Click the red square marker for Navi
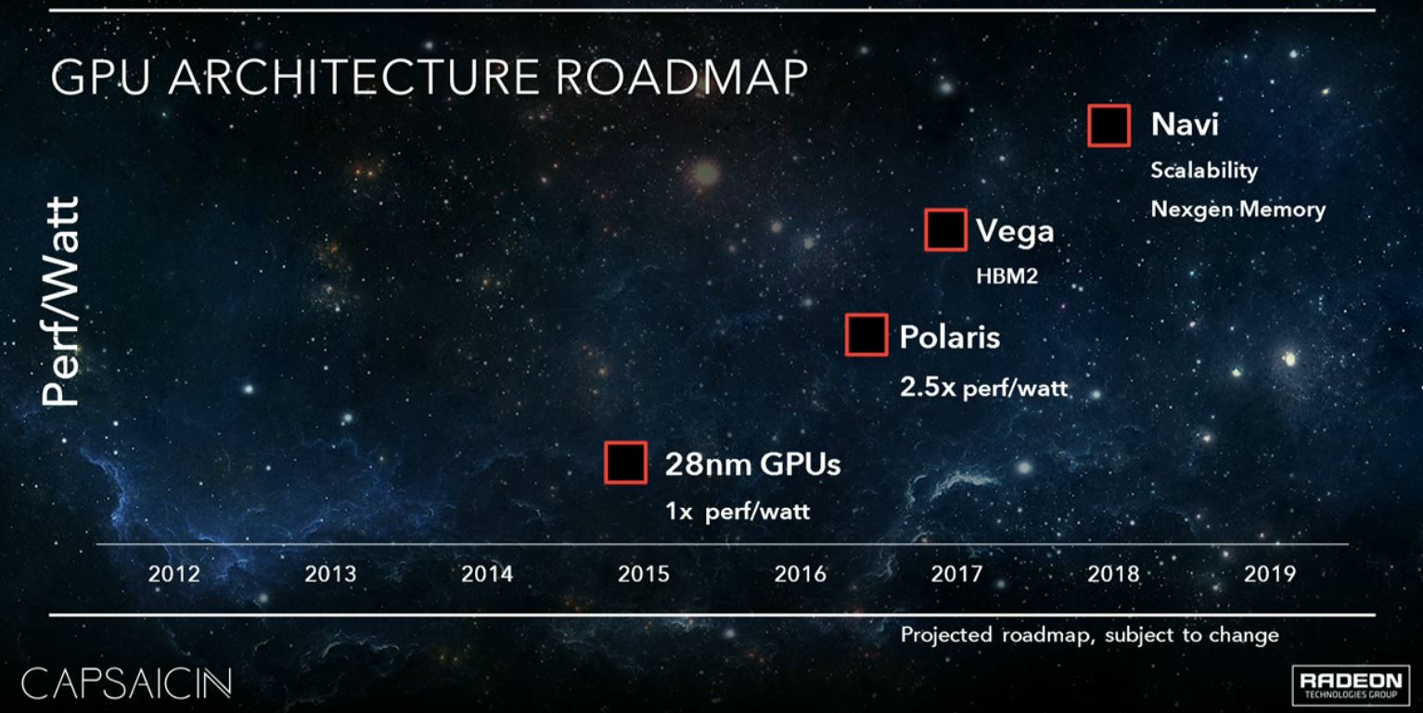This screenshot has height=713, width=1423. pyautogui.click(x=1109, y=125)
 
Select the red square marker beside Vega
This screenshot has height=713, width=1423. pyautogui.click(x=946, y=230)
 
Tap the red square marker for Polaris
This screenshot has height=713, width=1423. pyautogui.click(x=866, y=335)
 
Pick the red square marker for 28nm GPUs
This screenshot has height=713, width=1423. pyautogui.click(x=625, y=463)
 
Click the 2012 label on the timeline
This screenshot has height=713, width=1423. pyautogui.click(x=173, y=574)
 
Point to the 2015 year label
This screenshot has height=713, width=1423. pyautogui.click(x=643, y=574)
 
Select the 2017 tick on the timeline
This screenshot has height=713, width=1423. pyautogui.click(x=956, y=574)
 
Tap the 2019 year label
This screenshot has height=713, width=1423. pyautogui.click(x=1269, y=574)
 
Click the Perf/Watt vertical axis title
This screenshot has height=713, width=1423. pyautogui.click(x=61, y=300)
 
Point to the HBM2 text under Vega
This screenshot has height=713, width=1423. pyautogui.click(x=1006, y=275)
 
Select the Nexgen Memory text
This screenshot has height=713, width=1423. pyautogui.click(x=1237, y=210)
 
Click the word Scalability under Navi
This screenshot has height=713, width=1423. pyautogui.click(x=1204, y=171)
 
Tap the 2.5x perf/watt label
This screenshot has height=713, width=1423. pyautogui.click(x=983, y=387)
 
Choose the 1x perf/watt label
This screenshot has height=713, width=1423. pyautogui.click(x=737, y=511)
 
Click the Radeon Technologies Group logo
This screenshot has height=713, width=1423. pyautogui.click(x=1352, y=684)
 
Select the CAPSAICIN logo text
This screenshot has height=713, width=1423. pyautogui.click(x=126, y=684)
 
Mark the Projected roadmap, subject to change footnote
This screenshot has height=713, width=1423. pyautogui.click(x=1089, y=635)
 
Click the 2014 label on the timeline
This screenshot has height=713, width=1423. pyautogui.click(x=487, y=574)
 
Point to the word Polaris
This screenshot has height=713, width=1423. pyautogui.click(x=950, y=336)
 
